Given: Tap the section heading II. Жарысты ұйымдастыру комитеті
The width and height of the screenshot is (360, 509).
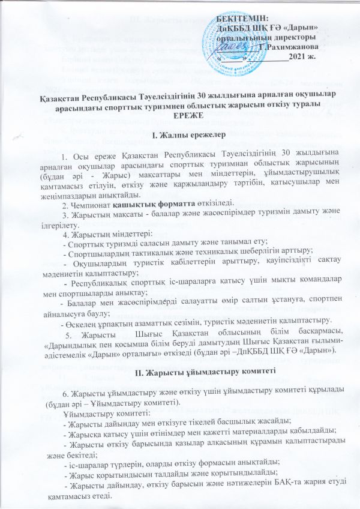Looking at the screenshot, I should (x=179, y=370).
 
